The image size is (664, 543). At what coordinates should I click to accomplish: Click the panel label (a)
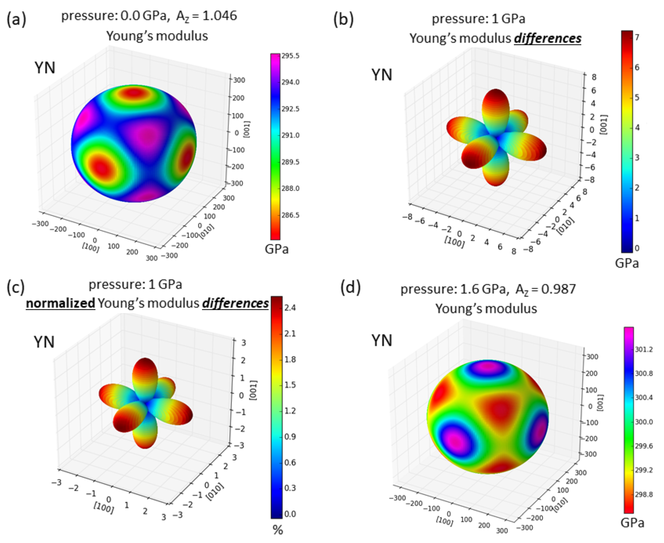(x=16, y=19)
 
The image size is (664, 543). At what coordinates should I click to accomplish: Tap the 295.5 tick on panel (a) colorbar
(x=290, y=56)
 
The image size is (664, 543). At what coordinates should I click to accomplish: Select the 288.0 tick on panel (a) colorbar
(x=290, y=188)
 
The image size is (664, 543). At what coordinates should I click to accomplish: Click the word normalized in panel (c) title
(x=60, y=303)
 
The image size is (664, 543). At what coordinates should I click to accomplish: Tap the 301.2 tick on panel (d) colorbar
(x=644, y=349)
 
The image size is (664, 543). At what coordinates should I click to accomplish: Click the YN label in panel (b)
(x=382, y=75)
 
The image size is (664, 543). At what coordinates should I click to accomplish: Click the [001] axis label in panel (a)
(x=247, y=129)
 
